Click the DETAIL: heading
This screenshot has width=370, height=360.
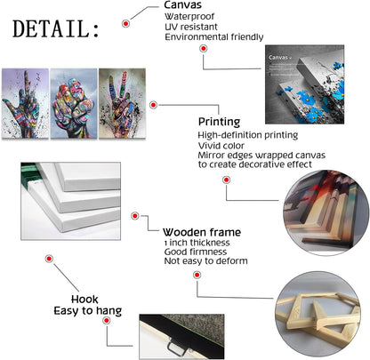[x=56, y=29]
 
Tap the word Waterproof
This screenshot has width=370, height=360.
[x=189, y=17]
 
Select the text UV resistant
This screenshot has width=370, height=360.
[x=191, y=27]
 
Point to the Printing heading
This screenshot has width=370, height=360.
[x=219, y=122]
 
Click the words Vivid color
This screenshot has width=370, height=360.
[x=221, y=146]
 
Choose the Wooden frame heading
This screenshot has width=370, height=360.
[x=202, y=232]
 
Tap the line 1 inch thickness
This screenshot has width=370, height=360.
[x=197, y=243]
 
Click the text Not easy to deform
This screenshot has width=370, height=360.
[x=205, y=261]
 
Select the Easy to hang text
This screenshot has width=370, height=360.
[x=88, y=311]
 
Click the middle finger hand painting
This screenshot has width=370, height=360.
[x=25, y=103]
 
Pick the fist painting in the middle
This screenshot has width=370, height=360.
[x=74, y=103]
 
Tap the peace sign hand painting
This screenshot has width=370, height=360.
[x=122, y=103]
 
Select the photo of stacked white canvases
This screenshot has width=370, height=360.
[x=70, y=201]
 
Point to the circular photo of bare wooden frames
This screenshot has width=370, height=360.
[x=318, y=314]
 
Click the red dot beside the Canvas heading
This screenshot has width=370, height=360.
[x=125, y=23]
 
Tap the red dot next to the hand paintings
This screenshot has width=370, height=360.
[x=153, y=105]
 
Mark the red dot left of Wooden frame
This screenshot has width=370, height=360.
[x=135, y=216]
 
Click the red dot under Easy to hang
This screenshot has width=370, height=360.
[x=107, y=320]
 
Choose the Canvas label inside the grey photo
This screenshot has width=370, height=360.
[x=278, y=58]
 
